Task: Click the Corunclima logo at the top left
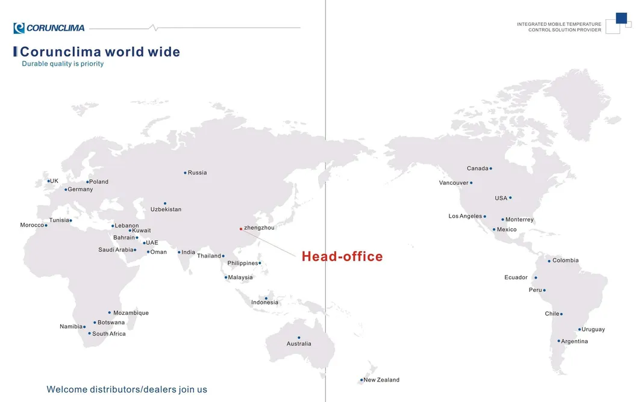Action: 49,28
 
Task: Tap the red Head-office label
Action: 342,256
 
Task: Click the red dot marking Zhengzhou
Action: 241,229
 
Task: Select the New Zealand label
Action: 381,380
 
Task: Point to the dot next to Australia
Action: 299,338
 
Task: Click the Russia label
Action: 197,173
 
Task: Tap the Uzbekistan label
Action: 166,209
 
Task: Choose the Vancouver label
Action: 454,182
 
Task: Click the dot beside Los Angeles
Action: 484,217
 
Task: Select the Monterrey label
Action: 519,220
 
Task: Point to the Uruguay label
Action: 593,329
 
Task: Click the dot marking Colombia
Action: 549,261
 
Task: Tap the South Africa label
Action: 109,333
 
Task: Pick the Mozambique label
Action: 131,313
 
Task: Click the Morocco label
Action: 32,225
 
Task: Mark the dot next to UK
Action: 49,181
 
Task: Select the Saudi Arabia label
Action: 116,250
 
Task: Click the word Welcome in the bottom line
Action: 66,389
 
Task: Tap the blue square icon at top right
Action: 621,18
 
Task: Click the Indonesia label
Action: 265,302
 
